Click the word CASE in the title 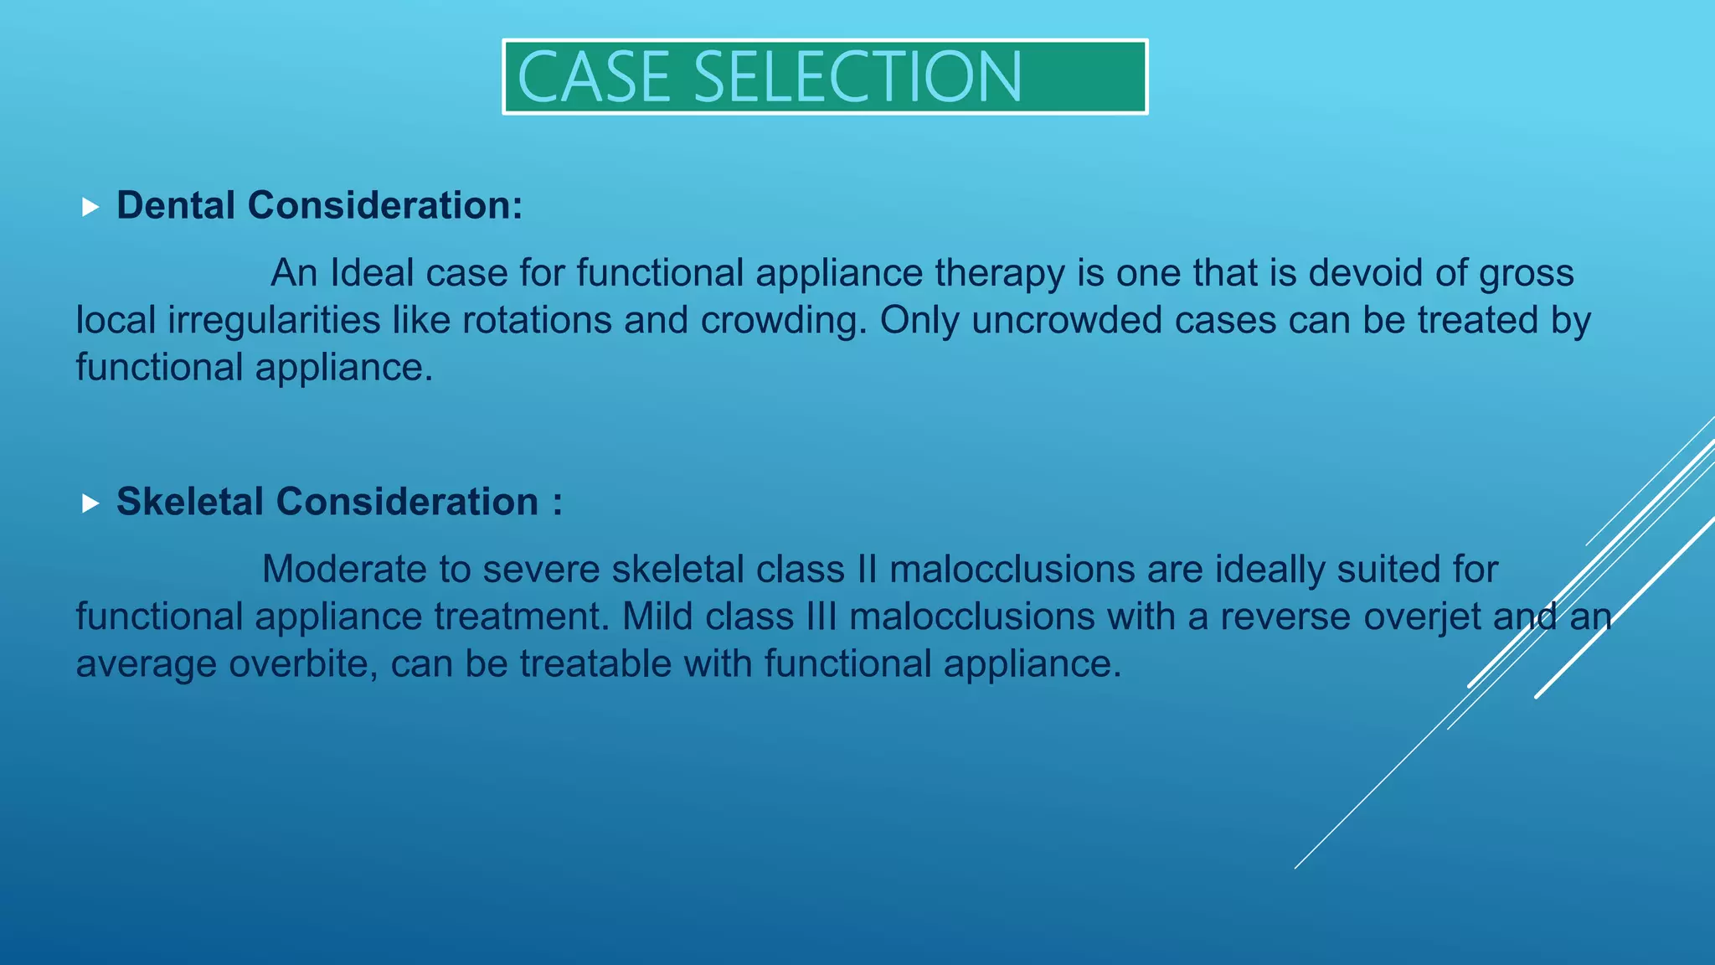[x=594, y=77]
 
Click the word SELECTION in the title [x=857, y=77]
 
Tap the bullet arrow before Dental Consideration [x=90, y=207]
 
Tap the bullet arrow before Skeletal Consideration [x=90, y=503]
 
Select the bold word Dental [x=175, y=205]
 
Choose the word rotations [x=537, y=321]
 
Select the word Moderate [x=344, y=570]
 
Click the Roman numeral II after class [x=867, y=570]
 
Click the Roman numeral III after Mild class [x=821, y=617]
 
